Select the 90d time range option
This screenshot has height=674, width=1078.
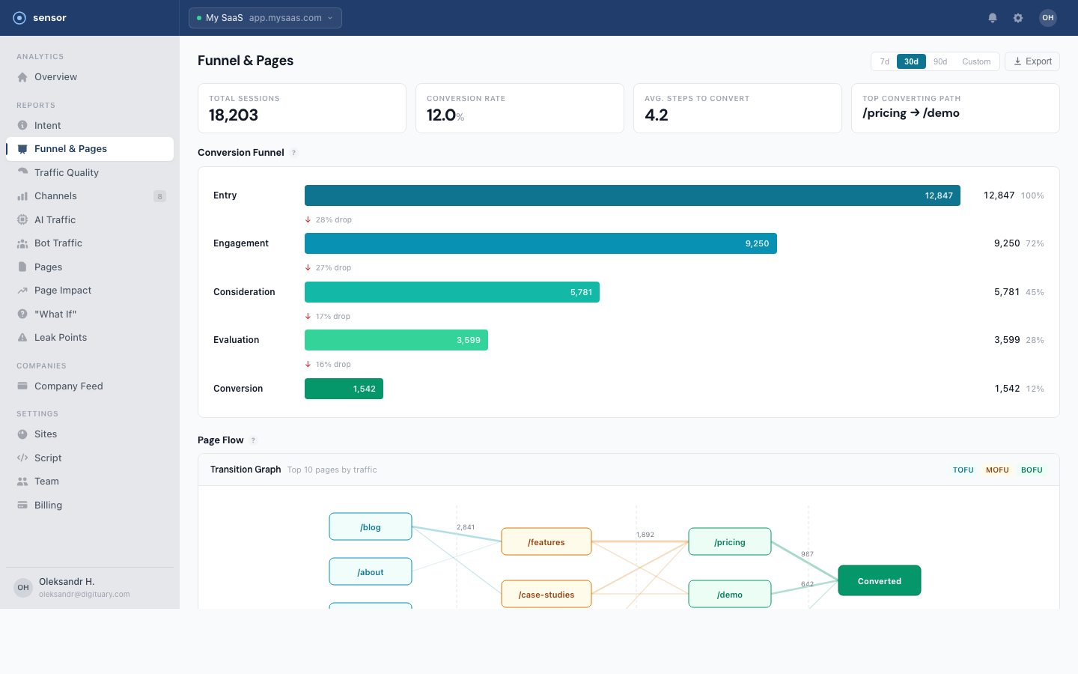940,61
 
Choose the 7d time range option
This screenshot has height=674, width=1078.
884,61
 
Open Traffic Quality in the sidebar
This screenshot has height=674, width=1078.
66,172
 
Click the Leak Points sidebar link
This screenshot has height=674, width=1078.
60,338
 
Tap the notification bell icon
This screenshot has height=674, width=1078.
993,18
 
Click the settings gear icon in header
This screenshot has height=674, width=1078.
1018,18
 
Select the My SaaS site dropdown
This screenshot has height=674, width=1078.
265,18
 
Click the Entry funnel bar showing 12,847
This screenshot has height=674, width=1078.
632,195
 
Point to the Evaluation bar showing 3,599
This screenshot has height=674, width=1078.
396,340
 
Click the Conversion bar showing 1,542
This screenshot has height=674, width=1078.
344,389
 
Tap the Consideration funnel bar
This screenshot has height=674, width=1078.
451,292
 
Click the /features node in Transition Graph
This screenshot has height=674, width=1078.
546,541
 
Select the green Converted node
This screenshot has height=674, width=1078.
879,580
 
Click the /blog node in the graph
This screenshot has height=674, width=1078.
370,526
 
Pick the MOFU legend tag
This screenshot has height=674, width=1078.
997,470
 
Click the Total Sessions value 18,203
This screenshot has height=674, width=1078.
234,115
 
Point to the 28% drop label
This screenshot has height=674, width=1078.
333,220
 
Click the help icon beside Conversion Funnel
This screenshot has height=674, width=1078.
294,153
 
